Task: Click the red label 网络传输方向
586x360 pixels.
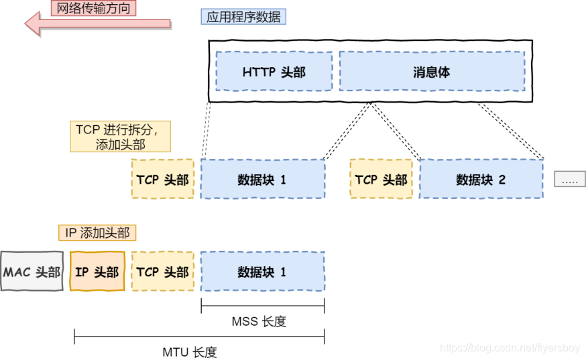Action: (x=94, y=8)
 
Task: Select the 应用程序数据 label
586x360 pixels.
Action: (x=243, y=17)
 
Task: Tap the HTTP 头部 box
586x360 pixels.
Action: (x=274, y=72)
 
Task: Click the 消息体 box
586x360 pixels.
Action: (x=431, y=72)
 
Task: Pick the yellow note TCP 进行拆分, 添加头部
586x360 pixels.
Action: (x=120, y=137)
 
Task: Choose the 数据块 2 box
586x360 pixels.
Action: (x=481, y=179)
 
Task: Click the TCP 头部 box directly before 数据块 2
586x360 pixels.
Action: (x=381, y=179)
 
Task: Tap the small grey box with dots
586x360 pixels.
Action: (x=569, y=179)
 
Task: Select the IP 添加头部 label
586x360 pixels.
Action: (x=97, y=233)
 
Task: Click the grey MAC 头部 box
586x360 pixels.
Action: (x=32, y=272)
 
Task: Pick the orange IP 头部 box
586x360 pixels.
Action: (x=97, y=272)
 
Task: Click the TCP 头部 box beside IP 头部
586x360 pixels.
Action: (x=162, y=272)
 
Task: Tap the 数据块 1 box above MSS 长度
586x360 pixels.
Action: (x=262, y=272)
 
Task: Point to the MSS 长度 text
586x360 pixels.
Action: (x=259, y=322)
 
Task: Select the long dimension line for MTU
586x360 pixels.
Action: (x=199, y=337)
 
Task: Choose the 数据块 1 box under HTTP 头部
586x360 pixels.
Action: (x=262, y=179)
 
